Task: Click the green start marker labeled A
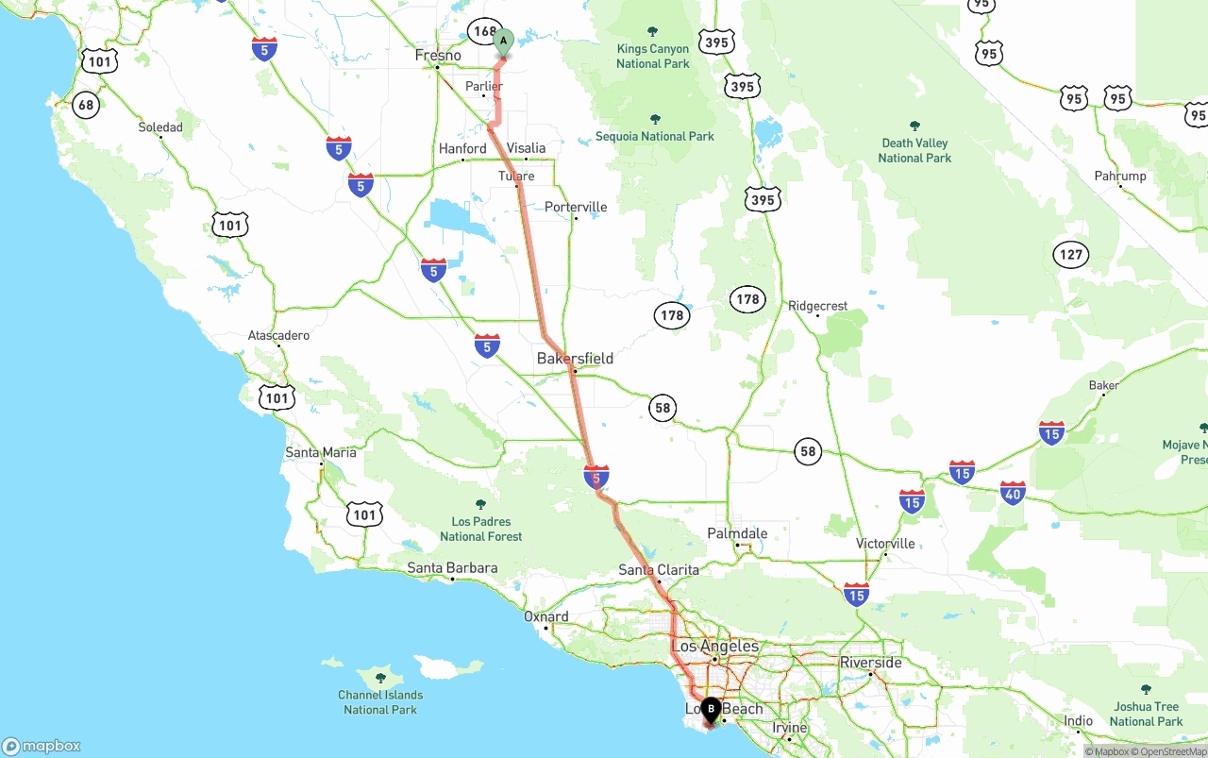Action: pos(503,41)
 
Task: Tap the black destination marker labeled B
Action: pos(711,710)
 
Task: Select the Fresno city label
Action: pos(438,56)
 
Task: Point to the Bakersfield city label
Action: pos(575,359)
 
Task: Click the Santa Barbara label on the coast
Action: pos(452,568)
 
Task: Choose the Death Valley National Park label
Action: pos(914,150)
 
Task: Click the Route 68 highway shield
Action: pos(86,105)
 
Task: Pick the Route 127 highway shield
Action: pos(1071,254)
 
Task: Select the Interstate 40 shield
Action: pos(1013,492)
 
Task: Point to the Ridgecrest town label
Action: pos(818,306)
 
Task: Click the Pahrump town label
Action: pos(1120,176)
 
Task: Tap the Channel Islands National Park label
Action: pos(380,702)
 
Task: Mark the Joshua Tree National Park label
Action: pos(1146,714)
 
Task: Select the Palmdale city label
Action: pos(737,533)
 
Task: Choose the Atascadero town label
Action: pos(278,335)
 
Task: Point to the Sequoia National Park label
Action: pos(655,136)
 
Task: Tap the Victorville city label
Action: pos(885,544)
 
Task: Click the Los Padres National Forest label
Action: pos(480,529)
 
